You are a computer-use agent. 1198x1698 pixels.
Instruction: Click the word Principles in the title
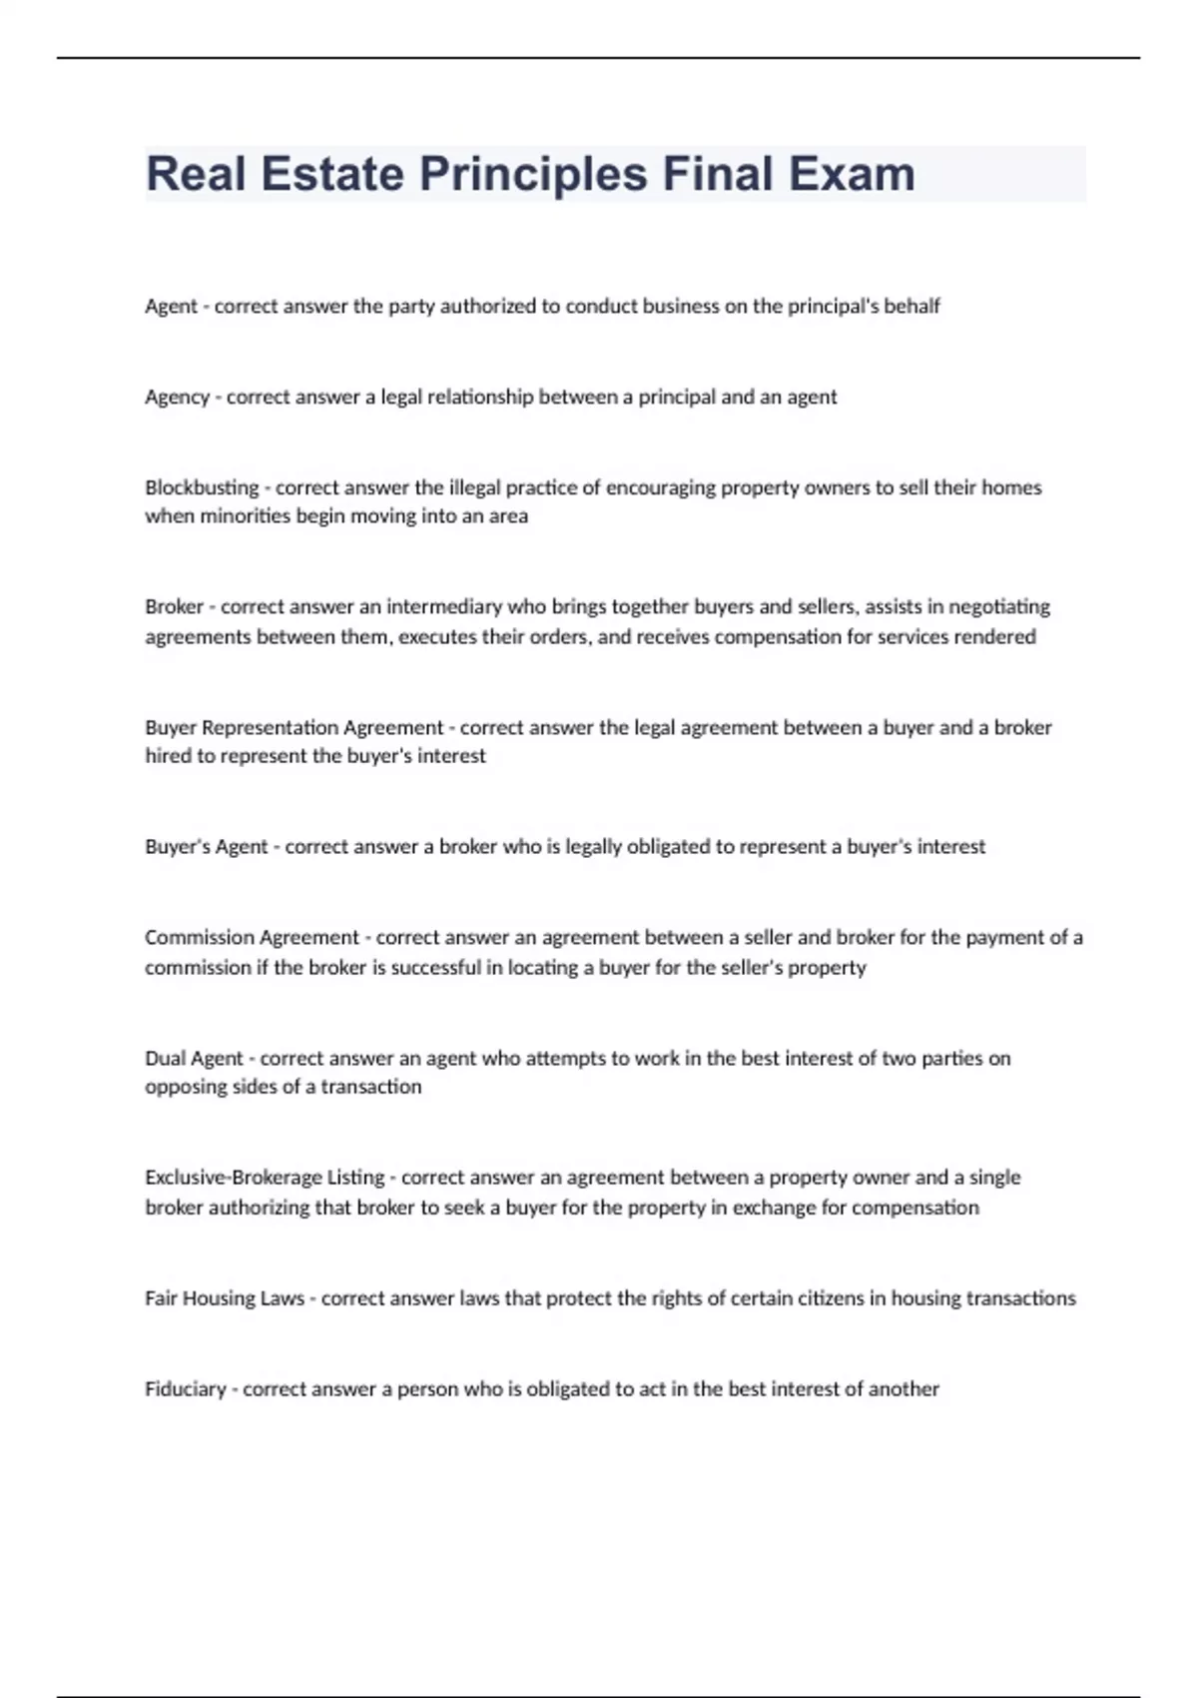[x=533, y=174]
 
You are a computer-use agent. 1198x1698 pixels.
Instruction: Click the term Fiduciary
[x=186, y=1388]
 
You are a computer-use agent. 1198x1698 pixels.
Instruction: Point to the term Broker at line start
[x=174, y=606]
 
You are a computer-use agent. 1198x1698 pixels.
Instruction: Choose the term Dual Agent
[x=194, y=1058]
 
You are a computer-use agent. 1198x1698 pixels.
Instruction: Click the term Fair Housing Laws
[x=225, y=1297]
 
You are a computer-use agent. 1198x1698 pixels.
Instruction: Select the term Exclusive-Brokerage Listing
[x=265, y=1177]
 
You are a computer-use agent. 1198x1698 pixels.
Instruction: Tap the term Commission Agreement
[x=252, y=937]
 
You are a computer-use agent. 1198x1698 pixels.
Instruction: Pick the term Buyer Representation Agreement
[x=294, y=727]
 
